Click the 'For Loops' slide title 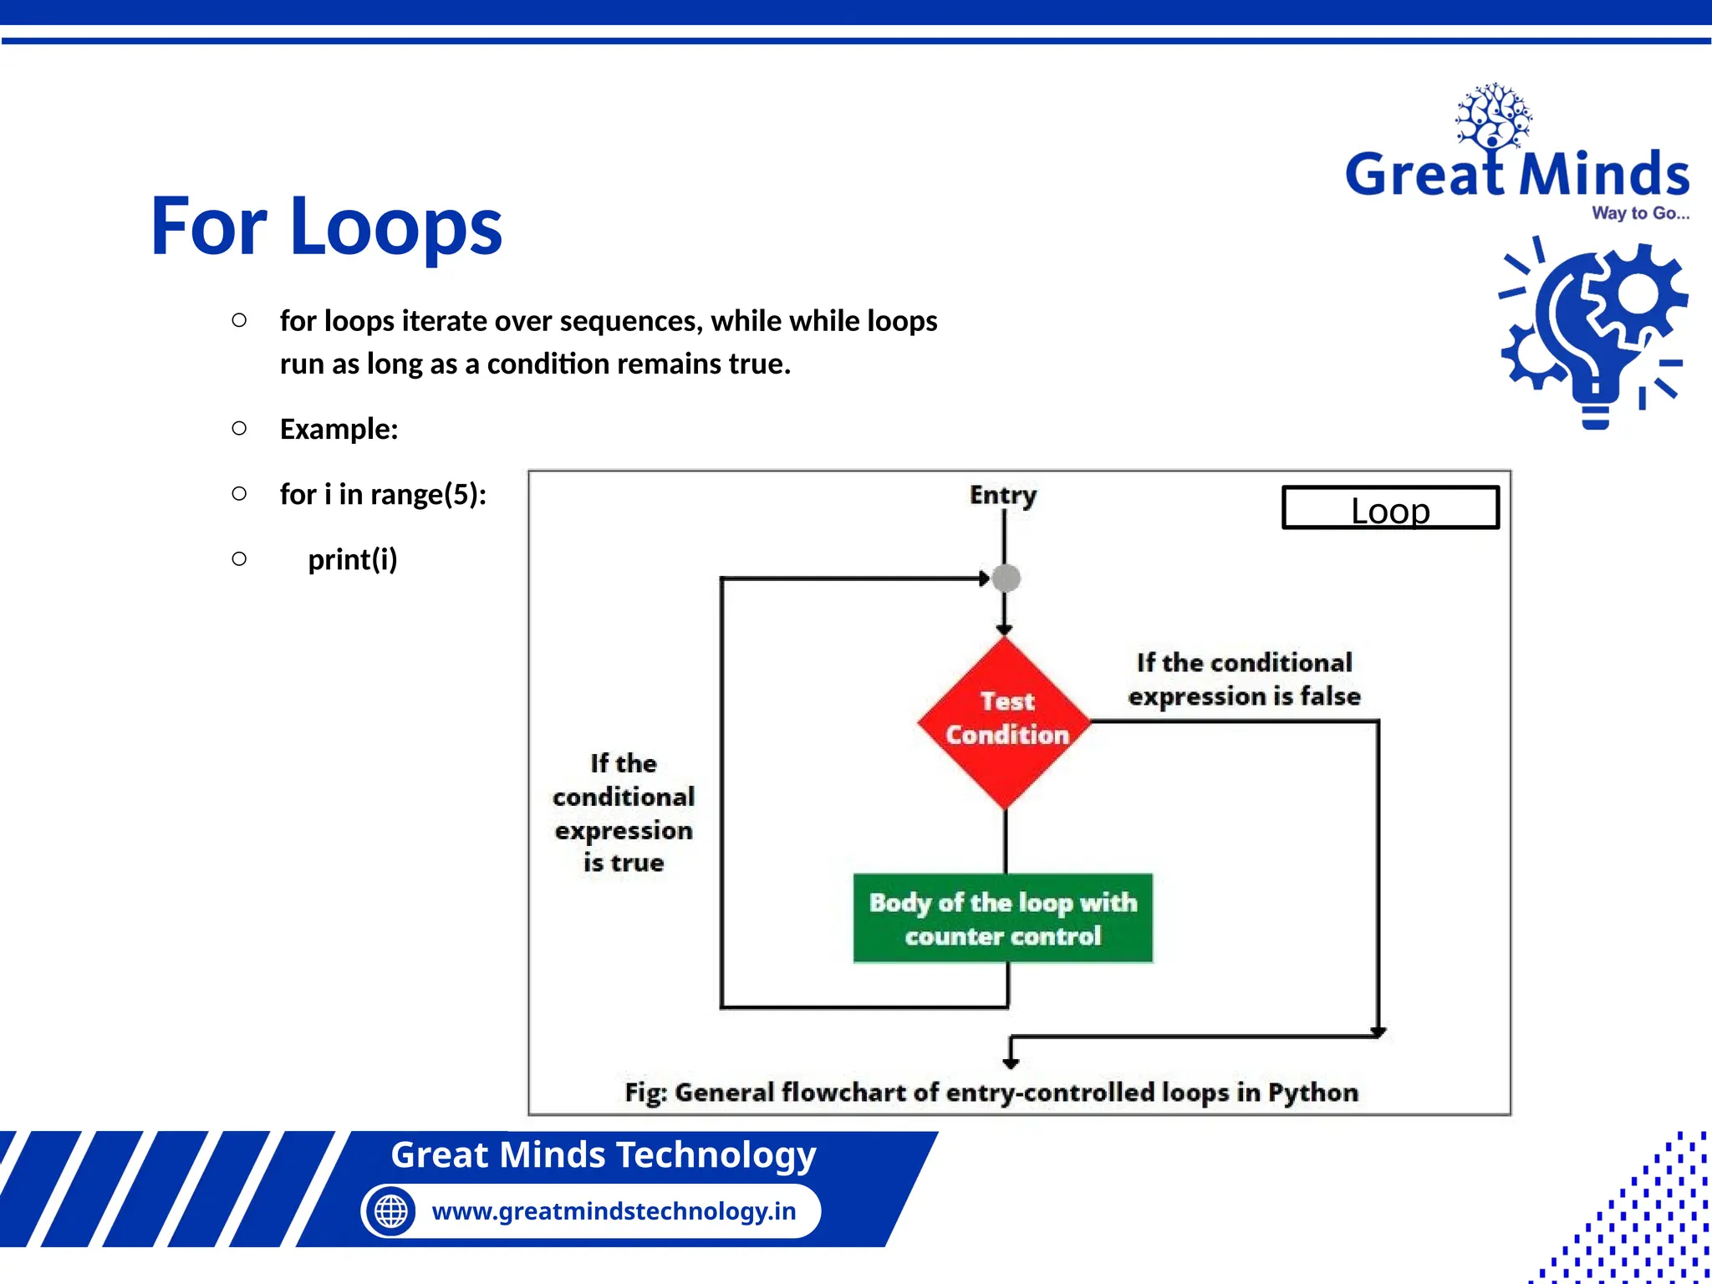pos(326,226)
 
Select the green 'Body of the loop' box pos(1002,918)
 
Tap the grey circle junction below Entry pos(1006,578)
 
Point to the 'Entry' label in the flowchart pos(1002,495)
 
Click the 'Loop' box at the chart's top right pos(1390,508)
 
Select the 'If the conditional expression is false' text pos(1244,680)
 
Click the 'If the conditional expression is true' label pos(624,813)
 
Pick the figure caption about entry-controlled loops pos(991,1093)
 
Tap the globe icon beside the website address pos(390,1210)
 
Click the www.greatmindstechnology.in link pos(614,1210)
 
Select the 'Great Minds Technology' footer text pos(603,1155)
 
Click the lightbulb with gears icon pos(1593,334)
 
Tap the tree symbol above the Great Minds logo pos(1493,117)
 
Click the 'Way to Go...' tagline pos(1639,213)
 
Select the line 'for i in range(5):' pos(383,494)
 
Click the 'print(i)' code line pos(352,559)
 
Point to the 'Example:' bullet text pos(339,429)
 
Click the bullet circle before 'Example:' pos(239,429)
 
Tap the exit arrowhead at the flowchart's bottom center pos(1011,1063)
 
